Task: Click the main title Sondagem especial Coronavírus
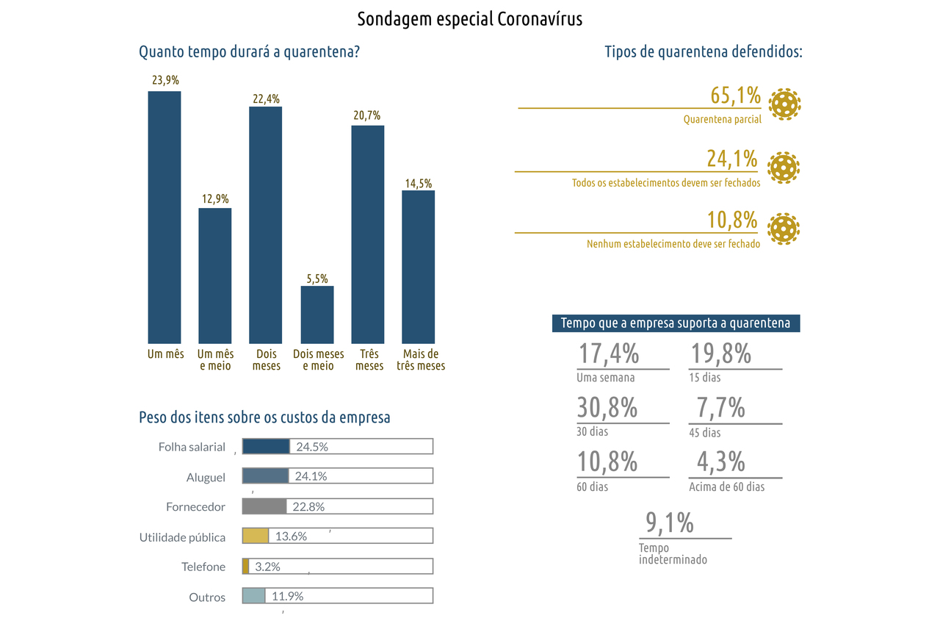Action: tap(469, 19)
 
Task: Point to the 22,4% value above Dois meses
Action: tap(266, 99)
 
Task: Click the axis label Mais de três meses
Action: tap(420, 360)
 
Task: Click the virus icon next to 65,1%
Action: tap(784, 104)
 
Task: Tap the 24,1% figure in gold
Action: tap(731, 159)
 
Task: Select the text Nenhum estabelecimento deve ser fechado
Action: tap(673, 244)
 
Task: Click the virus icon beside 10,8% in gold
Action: tap(783, 228)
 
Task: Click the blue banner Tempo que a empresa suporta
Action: tap(676, 323)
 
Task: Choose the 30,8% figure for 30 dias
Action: tap(607, 408)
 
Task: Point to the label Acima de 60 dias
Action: tap(726, 487)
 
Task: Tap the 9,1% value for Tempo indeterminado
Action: tap(670, 523)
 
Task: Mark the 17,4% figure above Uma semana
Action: tap(609, 353)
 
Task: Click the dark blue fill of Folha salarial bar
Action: tap(266, 446)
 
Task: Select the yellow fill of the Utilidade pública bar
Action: tap(256, 536)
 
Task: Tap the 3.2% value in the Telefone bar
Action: tap(267, 567)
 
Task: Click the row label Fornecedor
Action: tap(195, 507)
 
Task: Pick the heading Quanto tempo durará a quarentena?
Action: tap(249, 53)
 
